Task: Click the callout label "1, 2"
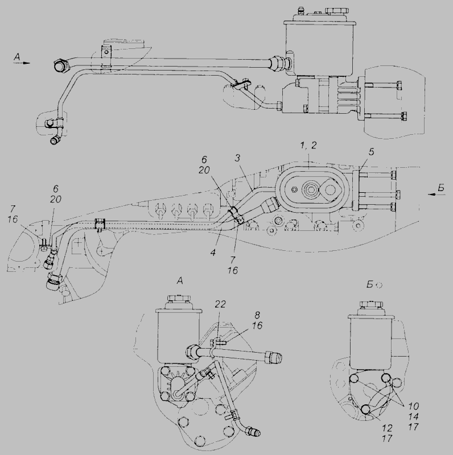point(308,146)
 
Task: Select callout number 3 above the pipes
point(237,158)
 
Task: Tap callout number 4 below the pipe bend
point(213,253)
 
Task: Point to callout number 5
point(371,152)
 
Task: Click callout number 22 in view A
point(220,304)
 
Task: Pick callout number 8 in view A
point(257,315)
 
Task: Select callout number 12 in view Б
point(387,428)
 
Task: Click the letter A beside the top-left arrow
point(17,57)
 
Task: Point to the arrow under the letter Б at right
point(436,195)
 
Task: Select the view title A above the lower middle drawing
point(180,281)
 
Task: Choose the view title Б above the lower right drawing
point(370,285)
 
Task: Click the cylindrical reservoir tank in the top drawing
point(319,48)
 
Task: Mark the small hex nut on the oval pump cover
point(294,189)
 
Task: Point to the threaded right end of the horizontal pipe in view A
point(275,357)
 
